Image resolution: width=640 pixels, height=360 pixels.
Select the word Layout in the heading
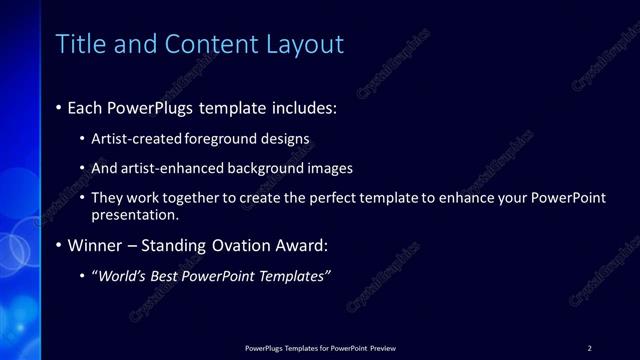pyautogui.click(x=304, y=44)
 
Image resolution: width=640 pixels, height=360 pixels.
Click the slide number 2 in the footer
pyautogui.click(x=589, y=348)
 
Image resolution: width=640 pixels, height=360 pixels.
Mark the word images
pyautogui.click(x=328, y=169)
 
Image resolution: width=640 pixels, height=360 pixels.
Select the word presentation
pyautogui.click(x=135, y=215)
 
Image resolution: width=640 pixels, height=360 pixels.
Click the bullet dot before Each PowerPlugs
pyautogui.click(x=59, y=107)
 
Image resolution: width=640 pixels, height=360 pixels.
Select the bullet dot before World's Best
pyautogui.click(x=82, y=276)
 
